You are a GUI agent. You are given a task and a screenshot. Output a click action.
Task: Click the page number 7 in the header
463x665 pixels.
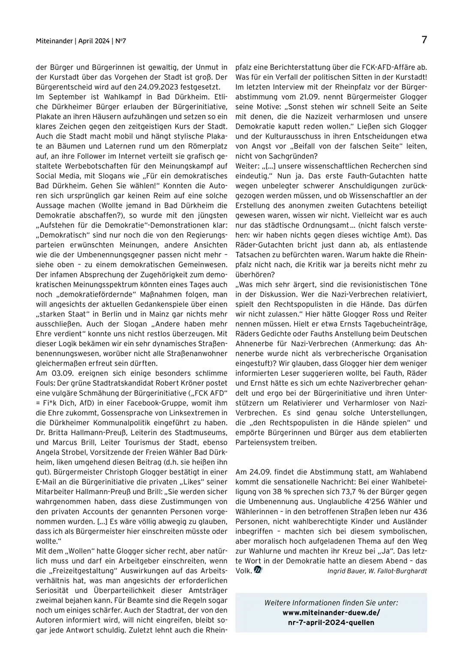click(424, 40)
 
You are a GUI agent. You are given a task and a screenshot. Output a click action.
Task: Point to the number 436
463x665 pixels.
click(419, 511)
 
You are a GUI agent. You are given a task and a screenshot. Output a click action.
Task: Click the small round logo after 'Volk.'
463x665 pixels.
click(258, 570)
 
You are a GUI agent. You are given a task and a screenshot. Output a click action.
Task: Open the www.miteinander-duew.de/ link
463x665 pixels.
click(331, 613)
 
